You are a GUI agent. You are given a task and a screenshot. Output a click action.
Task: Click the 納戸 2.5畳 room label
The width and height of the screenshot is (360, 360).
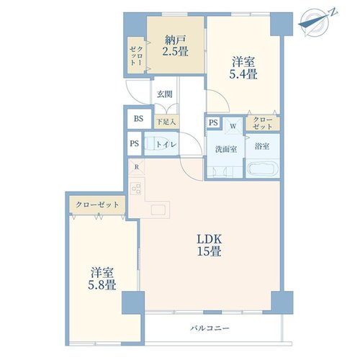tap(176, 45)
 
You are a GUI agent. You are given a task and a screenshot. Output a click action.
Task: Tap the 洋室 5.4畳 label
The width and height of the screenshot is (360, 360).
tap(243, 68)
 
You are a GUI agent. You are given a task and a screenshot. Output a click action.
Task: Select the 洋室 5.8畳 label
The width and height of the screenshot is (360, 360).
tap(102, 279)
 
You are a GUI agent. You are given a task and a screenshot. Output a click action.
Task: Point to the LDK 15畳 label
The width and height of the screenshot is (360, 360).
tap(209, 245)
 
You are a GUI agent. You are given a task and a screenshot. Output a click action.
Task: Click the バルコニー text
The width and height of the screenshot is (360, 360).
tap(210, 328)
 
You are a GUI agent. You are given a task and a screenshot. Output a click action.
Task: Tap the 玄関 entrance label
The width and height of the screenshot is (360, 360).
tap(165, 94)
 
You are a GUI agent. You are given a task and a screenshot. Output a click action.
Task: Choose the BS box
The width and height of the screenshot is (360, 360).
tap(139, 119)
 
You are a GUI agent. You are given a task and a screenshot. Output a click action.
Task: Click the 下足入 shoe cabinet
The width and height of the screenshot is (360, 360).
tap(166, 122)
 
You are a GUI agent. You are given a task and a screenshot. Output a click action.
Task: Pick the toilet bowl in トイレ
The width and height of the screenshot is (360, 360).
tap(155, 143)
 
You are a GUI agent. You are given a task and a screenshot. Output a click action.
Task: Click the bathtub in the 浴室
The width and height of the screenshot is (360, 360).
tap(263, 168)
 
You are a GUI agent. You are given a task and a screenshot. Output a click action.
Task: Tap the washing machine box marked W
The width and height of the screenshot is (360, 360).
tap(233, 125)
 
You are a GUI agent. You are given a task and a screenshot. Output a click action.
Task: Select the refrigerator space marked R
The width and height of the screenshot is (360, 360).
tap(137, 167)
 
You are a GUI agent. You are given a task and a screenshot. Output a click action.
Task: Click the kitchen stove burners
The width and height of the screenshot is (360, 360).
tap(136, 189)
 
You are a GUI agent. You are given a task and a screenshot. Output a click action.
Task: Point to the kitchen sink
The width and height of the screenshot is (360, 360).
tap(158, 210)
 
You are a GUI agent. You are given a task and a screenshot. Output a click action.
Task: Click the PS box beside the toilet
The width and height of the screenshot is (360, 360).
tap(135, 143)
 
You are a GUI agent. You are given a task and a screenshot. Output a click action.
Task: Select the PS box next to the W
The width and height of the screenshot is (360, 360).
tap(213, 122)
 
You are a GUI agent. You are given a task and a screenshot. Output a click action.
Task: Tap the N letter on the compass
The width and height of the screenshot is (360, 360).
tap(333, 13)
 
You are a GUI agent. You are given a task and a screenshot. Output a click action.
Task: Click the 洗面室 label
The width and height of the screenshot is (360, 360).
tap(226, 149)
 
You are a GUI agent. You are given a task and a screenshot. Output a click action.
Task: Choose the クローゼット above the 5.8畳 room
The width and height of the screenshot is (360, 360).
tap(97, 204)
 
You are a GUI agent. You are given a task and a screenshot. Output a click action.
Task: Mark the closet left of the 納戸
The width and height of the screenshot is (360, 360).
tap(136, 55)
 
